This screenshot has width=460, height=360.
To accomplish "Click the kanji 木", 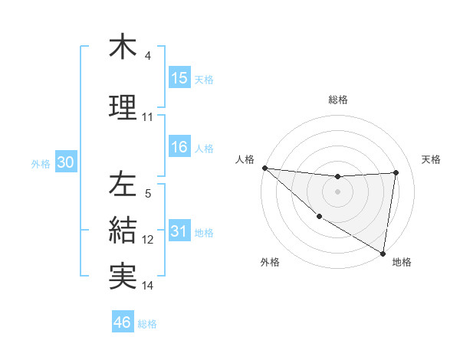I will click(123, 47).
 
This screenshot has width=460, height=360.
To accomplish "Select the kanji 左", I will click(123, 184).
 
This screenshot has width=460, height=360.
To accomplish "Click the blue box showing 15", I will click(179, 78).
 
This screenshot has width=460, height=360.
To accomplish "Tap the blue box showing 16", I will click(179, 147).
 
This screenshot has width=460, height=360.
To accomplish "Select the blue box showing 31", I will click(179, 231).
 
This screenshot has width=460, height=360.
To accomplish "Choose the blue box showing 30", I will click(65, 162).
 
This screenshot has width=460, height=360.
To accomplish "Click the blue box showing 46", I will click(123, 322).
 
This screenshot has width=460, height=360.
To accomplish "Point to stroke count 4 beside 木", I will click(148, 56).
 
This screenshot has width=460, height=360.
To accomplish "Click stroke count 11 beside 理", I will click(148, 116).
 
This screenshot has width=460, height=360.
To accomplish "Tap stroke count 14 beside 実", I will click(148, 286).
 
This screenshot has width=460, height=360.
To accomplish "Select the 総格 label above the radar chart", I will click(337, 100).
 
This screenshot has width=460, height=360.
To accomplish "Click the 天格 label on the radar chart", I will click(431, 159).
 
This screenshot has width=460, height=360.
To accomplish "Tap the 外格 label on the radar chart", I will click(270, 262).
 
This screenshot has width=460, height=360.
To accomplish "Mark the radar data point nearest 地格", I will click(383, 253).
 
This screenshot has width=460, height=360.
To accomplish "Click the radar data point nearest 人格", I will click(264, 168).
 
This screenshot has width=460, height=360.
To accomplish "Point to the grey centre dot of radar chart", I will click(337, 191).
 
